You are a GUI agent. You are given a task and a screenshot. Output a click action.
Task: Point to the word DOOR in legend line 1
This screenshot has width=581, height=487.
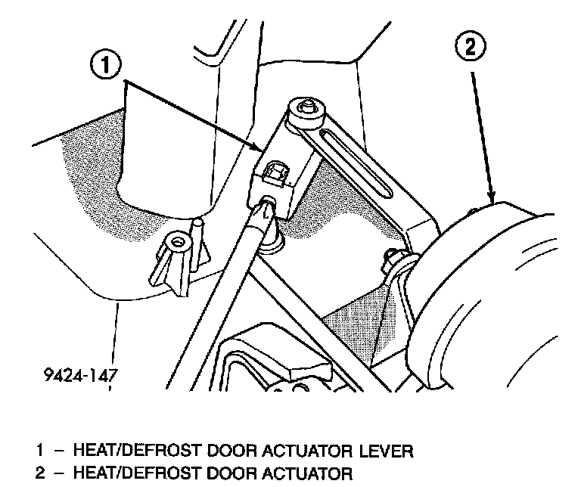[x=227, y=451]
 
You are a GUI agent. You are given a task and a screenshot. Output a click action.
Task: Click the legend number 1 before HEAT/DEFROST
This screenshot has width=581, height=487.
[x=39, y=451]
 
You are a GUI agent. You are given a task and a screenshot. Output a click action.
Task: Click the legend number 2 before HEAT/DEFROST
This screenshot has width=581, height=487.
[x=39, y=475]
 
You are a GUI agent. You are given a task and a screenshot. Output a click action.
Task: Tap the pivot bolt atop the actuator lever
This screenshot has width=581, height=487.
[x=307, y=108]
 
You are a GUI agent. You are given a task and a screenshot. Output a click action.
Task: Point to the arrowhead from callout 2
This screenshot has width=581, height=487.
[x=492, y=199]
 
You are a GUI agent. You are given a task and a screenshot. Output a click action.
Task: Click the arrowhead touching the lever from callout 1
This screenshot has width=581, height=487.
[x=259, y=148]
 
